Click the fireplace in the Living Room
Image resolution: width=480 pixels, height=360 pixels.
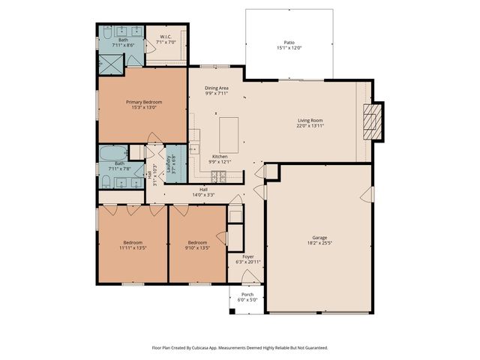tap(373, 120)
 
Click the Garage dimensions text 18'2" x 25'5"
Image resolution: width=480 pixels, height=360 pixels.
tap(319, 243)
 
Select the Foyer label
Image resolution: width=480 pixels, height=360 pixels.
tap(247, 256)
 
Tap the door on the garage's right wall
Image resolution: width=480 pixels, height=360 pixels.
tap(368, 196)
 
